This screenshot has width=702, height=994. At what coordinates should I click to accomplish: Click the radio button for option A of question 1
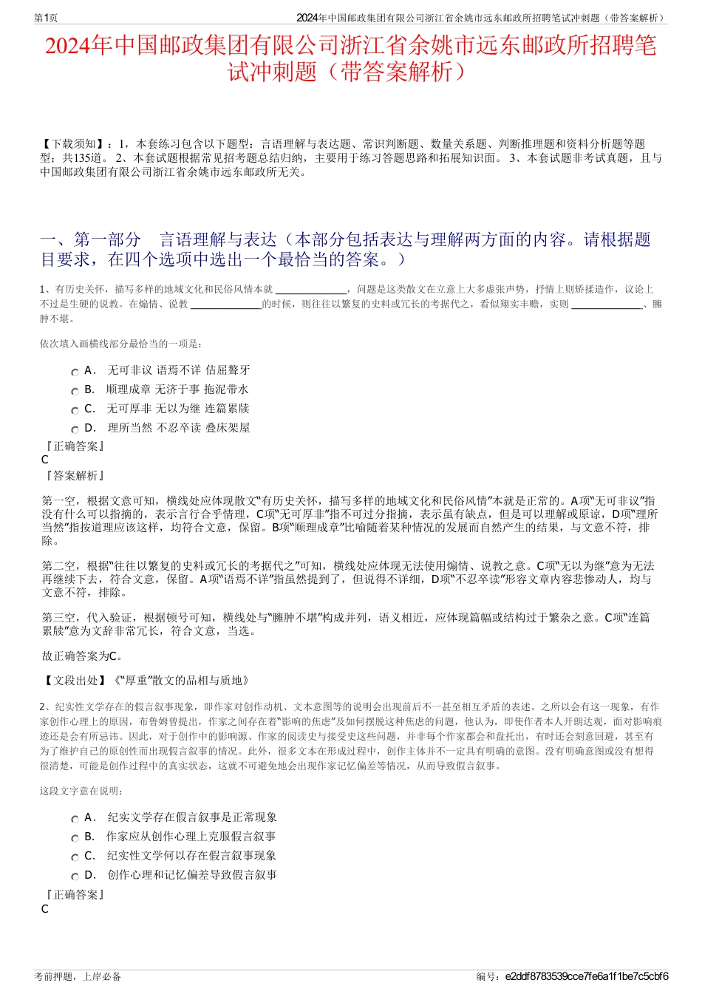pos(75,372)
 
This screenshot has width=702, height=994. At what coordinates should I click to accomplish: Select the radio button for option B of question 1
pos(75,391)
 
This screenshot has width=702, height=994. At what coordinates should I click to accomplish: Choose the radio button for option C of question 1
pos(75,410)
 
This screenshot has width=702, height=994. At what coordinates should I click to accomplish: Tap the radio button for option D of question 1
pos(75,429)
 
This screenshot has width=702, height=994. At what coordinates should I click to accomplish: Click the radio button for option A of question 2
pos(75,819)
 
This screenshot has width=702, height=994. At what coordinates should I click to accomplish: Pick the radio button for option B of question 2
pos(75,838)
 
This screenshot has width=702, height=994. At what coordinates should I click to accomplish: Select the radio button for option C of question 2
pos(75,857)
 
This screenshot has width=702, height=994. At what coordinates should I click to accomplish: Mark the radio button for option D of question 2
pos(75,876)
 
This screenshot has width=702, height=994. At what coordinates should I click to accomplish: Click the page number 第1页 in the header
pos(47,18)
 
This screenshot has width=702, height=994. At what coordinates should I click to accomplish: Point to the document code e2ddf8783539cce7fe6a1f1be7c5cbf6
pos(587,976)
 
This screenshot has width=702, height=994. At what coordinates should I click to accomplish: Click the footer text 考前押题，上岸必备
pos(78,976)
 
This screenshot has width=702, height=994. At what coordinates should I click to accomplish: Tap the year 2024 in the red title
pos(69,47)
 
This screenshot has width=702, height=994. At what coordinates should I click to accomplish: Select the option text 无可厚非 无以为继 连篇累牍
pos(178,409)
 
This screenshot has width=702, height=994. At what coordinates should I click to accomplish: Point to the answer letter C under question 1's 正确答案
pos(45,460)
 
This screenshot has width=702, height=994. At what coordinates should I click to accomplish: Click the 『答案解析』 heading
pos(74,476)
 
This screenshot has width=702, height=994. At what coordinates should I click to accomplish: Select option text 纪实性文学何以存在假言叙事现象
pos(191,856)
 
